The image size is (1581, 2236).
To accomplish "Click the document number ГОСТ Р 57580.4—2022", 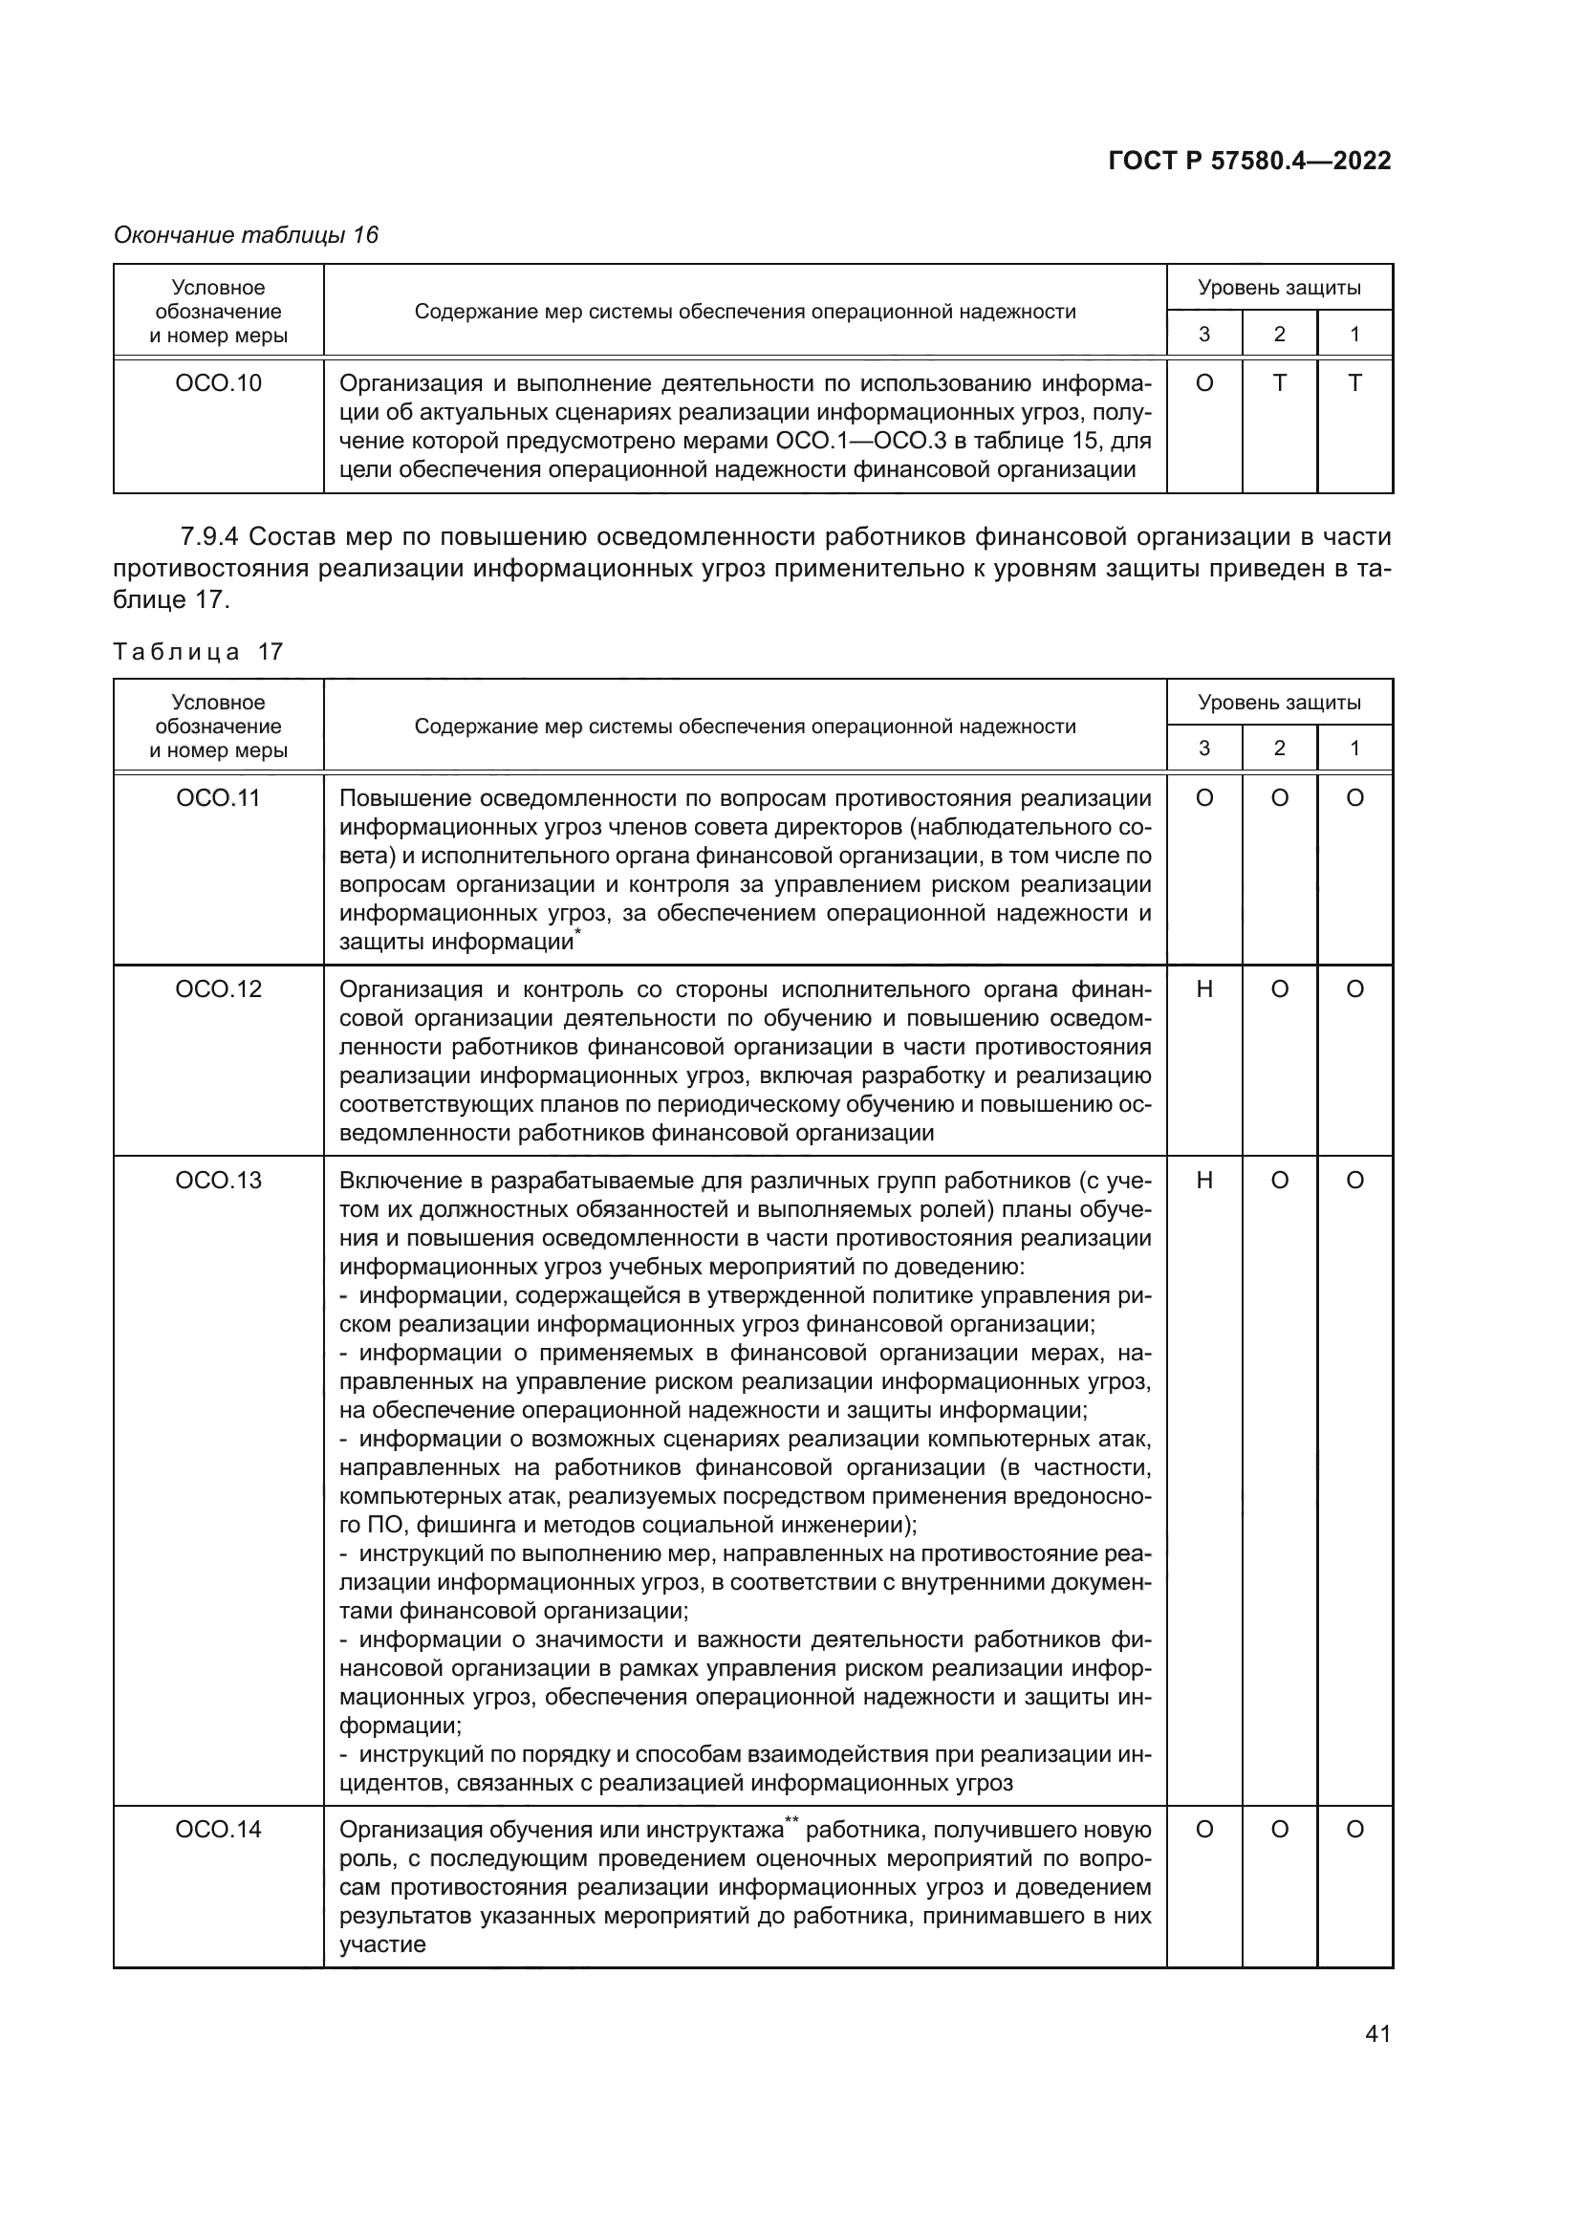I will (1249, 161).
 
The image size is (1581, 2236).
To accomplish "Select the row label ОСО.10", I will (218, 383).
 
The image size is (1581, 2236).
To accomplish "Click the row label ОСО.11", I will (218, 798).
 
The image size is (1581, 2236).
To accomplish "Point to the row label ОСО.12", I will (218, 989).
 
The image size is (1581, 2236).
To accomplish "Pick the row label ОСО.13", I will (218, 1181).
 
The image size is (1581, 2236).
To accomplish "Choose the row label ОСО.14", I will (218, 1829).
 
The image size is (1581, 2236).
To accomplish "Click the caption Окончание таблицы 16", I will (246, 235).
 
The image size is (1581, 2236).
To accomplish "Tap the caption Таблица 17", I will (198, 652).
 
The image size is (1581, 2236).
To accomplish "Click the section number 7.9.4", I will (210, 536).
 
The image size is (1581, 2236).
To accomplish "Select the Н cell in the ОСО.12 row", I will (1204, 989).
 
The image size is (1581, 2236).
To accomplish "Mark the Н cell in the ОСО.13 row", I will (1204, 1181).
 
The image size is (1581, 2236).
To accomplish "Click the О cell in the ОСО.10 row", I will (1204, 383).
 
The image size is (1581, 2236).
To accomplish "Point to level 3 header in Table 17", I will (1204, 748).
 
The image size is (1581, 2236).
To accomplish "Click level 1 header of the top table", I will (1354, 334).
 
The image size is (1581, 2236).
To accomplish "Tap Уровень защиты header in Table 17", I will (1279, 703).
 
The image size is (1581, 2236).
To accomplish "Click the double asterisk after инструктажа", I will (791, 1820).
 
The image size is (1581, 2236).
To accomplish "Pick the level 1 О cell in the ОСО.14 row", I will (1354, 1829).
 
